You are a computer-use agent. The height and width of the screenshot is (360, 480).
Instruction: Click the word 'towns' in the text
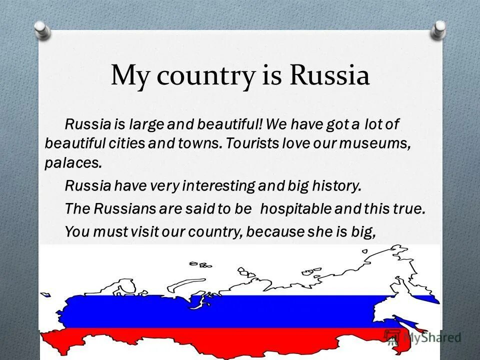199,142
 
